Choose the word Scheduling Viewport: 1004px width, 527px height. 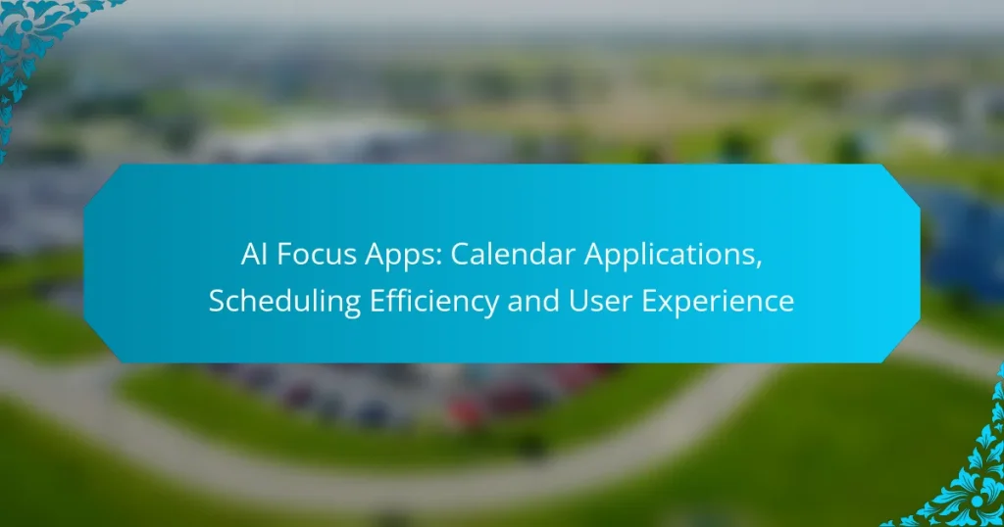coord(274,302)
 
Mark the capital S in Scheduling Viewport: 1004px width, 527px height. coord(216,302)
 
